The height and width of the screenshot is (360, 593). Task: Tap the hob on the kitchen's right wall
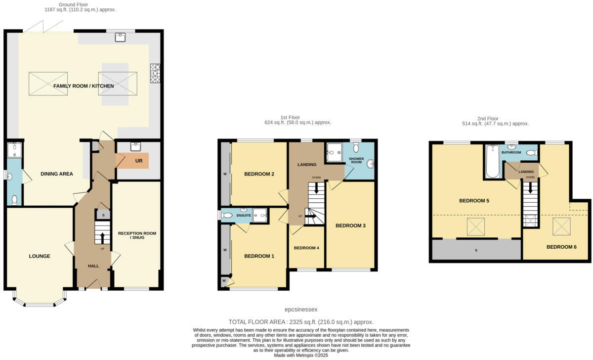point(155,73)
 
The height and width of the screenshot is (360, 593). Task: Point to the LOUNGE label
point(40,256)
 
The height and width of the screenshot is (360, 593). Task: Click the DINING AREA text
point(56,174)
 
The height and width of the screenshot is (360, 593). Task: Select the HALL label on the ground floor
point(93,266)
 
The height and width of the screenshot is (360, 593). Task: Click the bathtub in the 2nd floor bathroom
point(492,161)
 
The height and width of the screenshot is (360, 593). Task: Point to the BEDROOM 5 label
point(474,201)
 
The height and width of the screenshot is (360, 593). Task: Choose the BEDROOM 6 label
point(561,247)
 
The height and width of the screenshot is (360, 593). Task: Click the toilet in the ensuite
point(226,215)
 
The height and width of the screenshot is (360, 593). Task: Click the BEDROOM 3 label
point(350,225)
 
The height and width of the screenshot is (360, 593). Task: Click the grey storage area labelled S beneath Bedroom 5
point(476,250)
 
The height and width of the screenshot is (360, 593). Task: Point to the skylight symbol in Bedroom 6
point(562,227)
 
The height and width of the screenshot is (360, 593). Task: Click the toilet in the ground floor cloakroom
point(14,200)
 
